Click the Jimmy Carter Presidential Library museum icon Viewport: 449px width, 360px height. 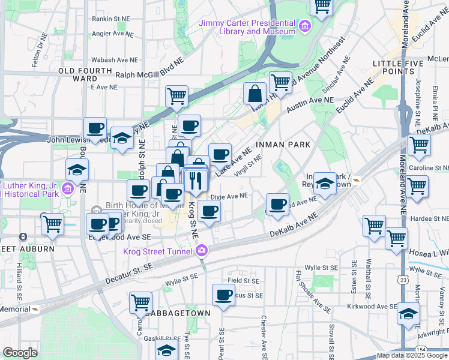(305, 26)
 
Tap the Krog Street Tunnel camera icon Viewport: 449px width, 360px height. (203, 249)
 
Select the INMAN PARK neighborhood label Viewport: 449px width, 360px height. (284, 145)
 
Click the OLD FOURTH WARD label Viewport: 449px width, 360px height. (78, 74)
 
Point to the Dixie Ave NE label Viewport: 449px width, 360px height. (229, 196)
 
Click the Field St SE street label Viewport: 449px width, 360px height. (243, 280)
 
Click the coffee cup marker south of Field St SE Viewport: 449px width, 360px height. (224, 295)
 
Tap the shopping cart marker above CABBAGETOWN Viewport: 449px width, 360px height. (140, 302)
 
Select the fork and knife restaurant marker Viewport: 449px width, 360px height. (196, 181)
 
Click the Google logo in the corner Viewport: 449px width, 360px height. (20, 353)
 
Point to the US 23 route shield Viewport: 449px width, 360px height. (400, 279)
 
